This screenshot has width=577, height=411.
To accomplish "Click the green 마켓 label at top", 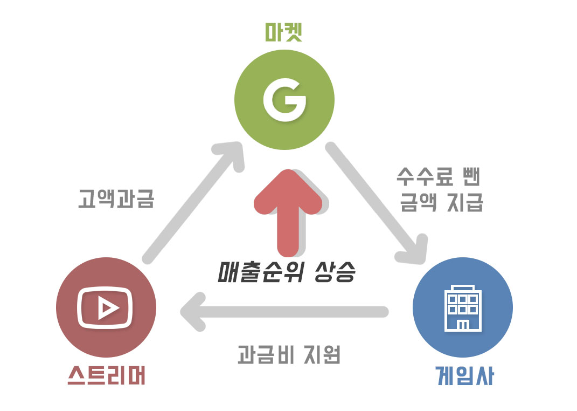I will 284,33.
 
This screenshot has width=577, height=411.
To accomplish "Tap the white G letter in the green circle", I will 284,100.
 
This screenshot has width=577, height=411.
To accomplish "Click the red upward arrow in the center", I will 288,210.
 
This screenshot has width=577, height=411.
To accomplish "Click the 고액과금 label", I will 116,199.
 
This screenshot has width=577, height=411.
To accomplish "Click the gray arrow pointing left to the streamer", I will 286,312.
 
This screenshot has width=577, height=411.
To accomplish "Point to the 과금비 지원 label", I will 289,355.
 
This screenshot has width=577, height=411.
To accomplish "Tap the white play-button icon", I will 106,307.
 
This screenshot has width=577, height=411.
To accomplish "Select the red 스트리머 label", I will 106,376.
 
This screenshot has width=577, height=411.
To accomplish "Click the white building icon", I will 463,308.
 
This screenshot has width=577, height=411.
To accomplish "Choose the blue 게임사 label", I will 464,376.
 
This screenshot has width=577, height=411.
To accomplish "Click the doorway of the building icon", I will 463,325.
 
